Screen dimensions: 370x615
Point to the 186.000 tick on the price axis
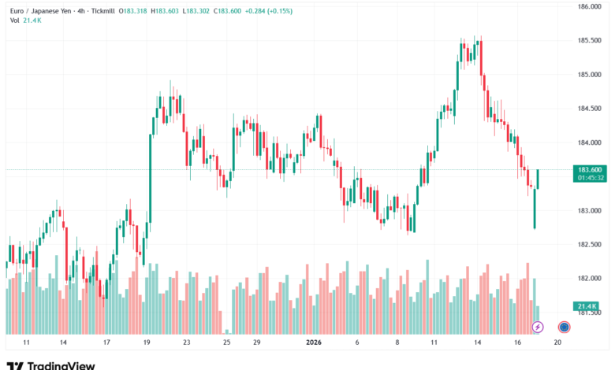click(590, 6)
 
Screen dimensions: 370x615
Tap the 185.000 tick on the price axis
click(590, 75)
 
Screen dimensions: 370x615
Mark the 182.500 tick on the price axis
click(590, 245)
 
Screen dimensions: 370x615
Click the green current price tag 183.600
click(590, 169)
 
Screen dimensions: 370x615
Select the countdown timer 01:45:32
click(590, 178)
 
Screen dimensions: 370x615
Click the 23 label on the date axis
click(186, 343)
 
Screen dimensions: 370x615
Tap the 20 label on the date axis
click(557, 343)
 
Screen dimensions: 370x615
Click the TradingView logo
click(50, 365)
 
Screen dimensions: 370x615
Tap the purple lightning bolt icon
click(538, 326)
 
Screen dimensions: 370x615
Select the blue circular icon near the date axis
click(564, 326)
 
